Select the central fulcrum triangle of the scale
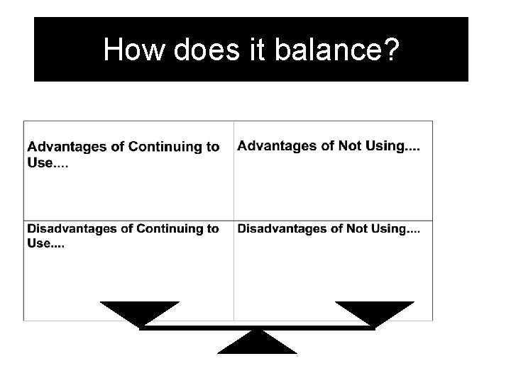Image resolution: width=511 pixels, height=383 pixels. point(257,345)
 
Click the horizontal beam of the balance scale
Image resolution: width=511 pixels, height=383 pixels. point(257,328)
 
